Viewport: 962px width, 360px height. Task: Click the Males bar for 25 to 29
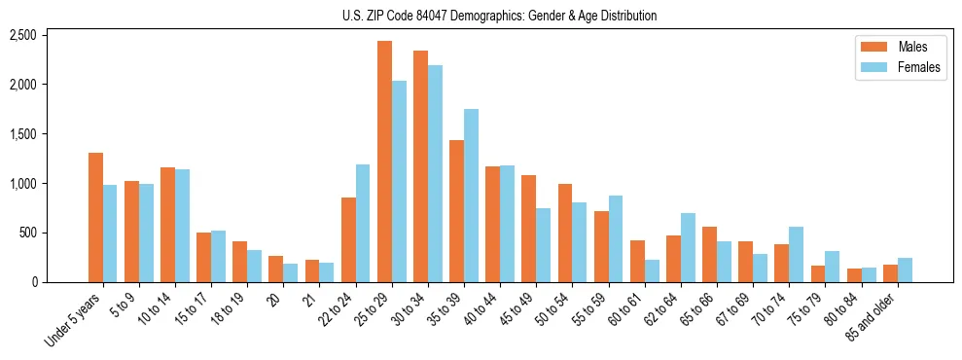pyautogui.click(x=384, y=162)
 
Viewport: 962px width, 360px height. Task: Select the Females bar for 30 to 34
pyautogui.click(x=435, y=173)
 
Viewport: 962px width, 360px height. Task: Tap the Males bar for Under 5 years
pyautogui.click(x=95, y=217)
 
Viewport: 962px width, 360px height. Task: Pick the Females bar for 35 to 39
pyautogui.click(x=471, y=196)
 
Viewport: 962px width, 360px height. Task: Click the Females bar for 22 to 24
pyautogui.click(x=363, y=223)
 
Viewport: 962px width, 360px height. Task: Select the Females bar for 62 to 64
pyautogui.click(x=688, y=247)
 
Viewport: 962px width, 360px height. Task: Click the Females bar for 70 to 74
pyautogui.click(x=796, y=254)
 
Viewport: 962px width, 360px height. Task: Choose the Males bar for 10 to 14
pyautogui.click(x=167, y=225)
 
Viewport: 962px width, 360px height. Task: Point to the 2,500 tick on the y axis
pyautogui.click(x=22, y=35)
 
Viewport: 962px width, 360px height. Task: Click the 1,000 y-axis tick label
pyautogui.click(x=22, y=183)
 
